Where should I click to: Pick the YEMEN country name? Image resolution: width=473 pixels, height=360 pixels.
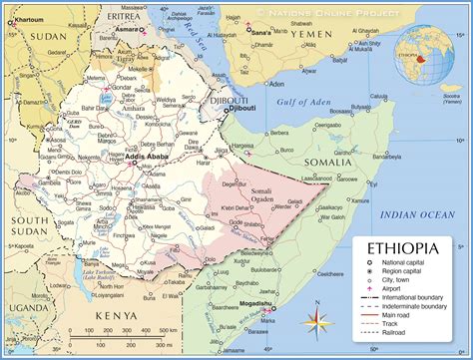[x=323, y=34]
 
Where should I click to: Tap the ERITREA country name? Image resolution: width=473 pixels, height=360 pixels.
[x=125, y=16]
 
